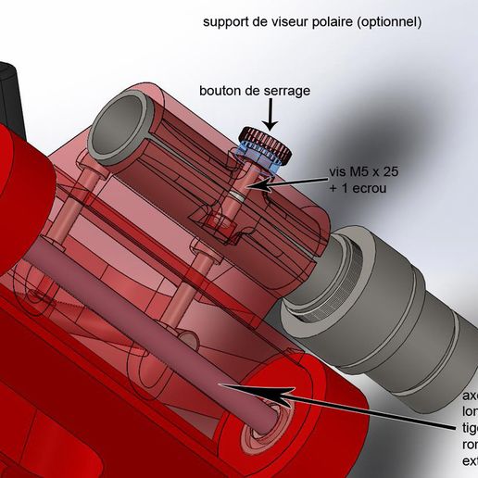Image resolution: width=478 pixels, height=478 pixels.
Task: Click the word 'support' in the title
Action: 228,20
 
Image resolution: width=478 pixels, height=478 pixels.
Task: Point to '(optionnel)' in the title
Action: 393,20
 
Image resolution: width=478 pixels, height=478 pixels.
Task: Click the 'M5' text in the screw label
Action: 363,172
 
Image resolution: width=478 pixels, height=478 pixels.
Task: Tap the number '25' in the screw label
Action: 403,172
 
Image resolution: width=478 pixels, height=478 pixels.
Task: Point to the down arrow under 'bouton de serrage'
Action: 270,117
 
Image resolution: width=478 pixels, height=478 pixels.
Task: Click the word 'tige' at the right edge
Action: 470,428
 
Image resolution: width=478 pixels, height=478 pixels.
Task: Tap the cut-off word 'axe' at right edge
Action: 470,396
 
